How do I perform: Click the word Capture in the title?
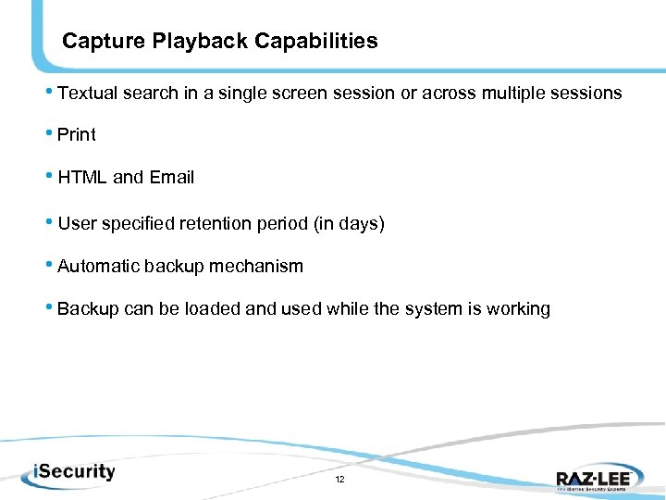pyautogui.click(x=96, y=42)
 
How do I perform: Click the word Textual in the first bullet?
pyautogui.click(x=87, y=93)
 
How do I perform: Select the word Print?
pyautogui.click(x=77, y=135)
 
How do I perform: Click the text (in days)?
pyautogui.click(x=349, y=224)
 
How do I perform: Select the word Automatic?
pyautogui.click(x=96, y=267)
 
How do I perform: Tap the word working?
pyautogui.click(x=518, y=309)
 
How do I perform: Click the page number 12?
pyautogui.click(x=339, y=480)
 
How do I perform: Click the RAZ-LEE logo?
pyautogui.click(x=593, y=478)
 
